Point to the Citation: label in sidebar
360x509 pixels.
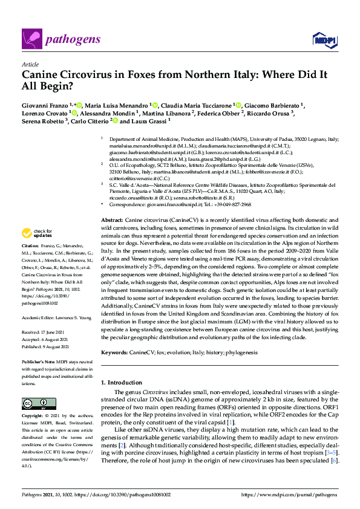click(x=30, y=247)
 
